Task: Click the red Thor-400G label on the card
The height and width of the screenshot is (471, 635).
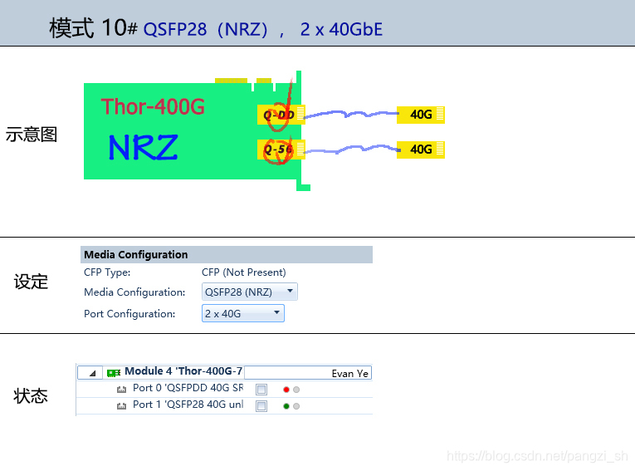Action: coord(153,106)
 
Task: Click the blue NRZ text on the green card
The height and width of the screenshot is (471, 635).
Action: coord(143,148)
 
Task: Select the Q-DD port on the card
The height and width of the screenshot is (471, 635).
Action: coord(280,115)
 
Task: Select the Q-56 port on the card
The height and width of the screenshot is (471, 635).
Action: coord(279,150)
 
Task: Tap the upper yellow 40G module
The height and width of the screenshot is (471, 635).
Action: coord(421,115)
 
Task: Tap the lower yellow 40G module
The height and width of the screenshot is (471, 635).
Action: coord(421,150)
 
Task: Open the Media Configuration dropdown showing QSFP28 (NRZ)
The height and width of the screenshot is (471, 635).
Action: coord(249,292)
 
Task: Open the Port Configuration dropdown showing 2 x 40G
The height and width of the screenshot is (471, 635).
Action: coord(242,313)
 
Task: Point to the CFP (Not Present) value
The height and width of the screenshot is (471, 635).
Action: coord(243,272)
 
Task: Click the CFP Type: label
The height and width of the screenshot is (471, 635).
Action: coord(107,272)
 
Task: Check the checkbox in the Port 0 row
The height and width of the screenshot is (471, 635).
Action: coord(261,389)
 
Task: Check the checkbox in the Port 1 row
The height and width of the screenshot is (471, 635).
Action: coord(261,406)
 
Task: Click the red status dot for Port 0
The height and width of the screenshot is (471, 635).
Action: coord(286,389)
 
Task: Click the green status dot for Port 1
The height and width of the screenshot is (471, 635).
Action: coord(286,406)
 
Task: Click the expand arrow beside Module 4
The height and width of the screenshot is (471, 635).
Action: coord(90,373)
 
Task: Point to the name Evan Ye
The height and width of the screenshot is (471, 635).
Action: coord(349,373)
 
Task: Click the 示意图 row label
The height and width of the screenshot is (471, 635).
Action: coord(32,135)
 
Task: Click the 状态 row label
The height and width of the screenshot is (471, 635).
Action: coord(32,396)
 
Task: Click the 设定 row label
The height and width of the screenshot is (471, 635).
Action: coord(32,282)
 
